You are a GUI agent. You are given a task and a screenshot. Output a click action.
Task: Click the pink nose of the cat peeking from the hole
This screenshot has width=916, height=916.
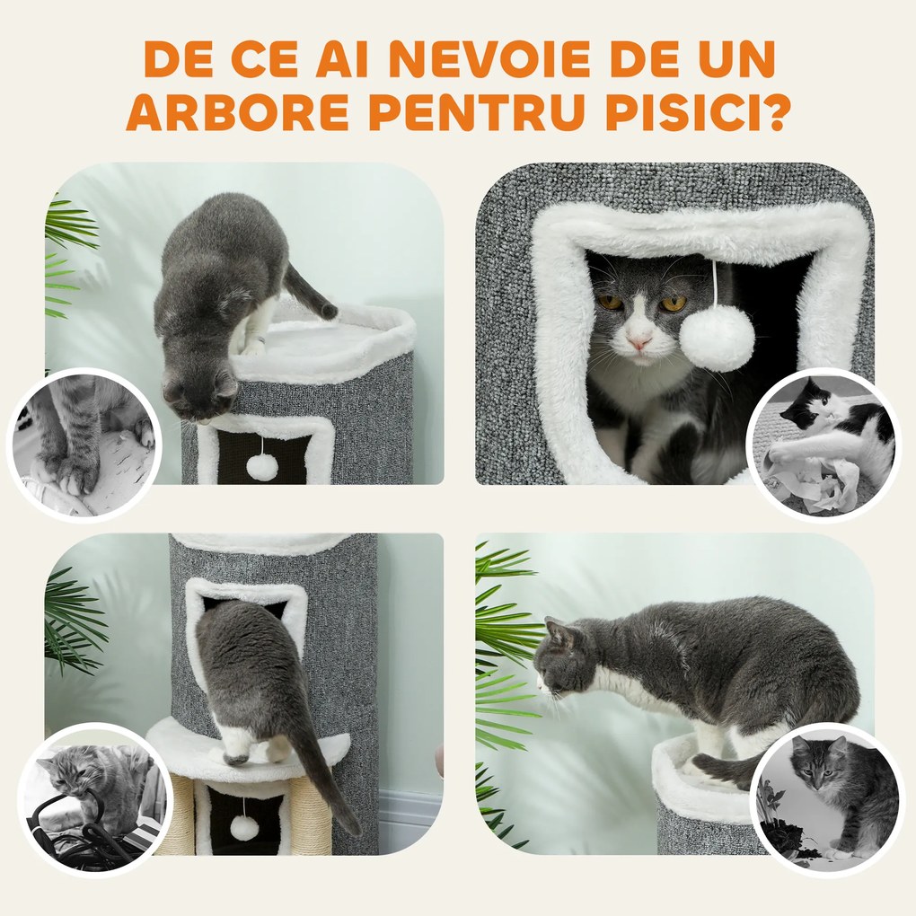639,343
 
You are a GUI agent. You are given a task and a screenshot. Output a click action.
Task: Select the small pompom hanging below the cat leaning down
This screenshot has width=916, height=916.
262,465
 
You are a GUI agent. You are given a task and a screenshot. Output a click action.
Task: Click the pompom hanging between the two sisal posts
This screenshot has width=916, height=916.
244,827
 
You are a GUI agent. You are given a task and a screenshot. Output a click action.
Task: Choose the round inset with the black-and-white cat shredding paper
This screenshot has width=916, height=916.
824,445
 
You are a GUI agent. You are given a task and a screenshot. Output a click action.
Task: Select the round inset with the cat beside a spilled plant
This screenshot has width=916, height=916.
827,798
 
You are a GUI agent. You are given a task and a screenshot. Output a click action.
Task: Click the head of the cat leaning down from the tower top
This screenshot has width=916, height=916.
199,388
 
